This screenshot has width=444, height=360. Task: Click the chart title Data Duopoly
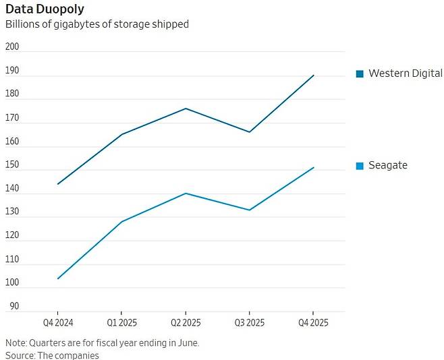(45, 9)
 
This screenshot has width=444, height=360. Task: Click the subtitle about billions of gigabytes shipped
(96, 24)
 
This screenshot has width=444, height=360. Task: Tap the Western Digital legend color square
(360, 73)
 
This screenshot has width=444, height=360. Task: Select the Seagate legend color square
(360, 166)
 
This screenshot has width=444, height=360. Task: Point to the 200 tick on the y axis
(12, 47)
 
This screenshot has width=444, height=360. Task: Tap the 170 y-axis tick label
(12, 118)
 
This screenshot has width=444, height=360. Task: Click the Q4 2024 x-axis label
(57, 323)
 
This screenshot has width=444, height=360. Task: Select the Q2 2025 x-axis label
(185, 323)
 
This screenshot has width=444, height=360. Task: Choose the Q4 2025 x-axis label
(313, 323)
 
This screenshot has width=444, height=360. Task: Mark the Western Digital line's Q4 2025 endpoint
(314, 75)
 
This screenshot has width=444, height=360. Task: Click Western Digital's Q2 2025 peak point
(186, 109)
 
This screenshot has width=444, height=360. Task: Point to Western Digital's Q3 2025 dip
(250, 132)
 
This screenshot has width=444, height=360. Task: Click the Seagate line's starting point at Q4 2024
(58, 278)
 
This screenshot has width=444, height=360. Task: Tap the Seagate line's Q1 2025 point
(121, 222)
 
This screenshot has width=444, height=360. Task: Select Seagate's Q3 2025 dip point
(250, 210)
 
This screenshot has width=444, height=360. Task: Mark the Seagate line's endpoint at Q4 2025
(314, 167)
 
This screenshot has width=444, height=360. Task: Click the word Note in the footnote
(17, 342)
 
